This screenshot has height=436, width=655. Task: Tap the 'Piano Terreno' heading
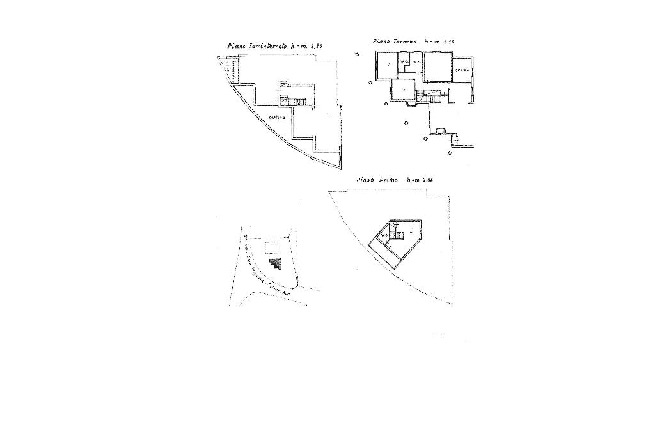pyautogui.click(x=395, y=42)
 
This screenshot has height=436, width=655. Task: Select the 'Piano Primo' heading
pyautogui.click(x=377, y=180)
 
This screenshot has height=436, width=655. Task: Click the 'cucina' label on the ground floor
pyautogui.click(x=462, y=70)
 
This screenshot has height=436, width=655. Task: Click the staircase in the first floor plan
pyautogui.click(x=398, y=235)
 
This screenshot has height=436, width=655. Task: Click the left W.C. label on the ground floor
pyautogui.click(x=404, y=62)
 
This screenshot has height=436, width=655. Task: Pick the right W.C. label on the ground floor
pyautogui.click(x=416, y=62)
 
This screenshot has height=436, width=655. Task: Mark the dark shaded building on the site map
pyautogui.click(x=276, y=262)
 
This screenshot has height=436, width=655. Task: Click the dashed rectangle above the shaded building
pyautogui.click(x=273, y=247)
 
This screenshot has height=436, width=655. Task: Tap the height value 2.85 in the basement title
pyautogui.click(x=315, y=46)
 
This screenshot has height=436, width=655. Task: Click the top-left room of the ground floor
pyautogui.click(x=386, y=65)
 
